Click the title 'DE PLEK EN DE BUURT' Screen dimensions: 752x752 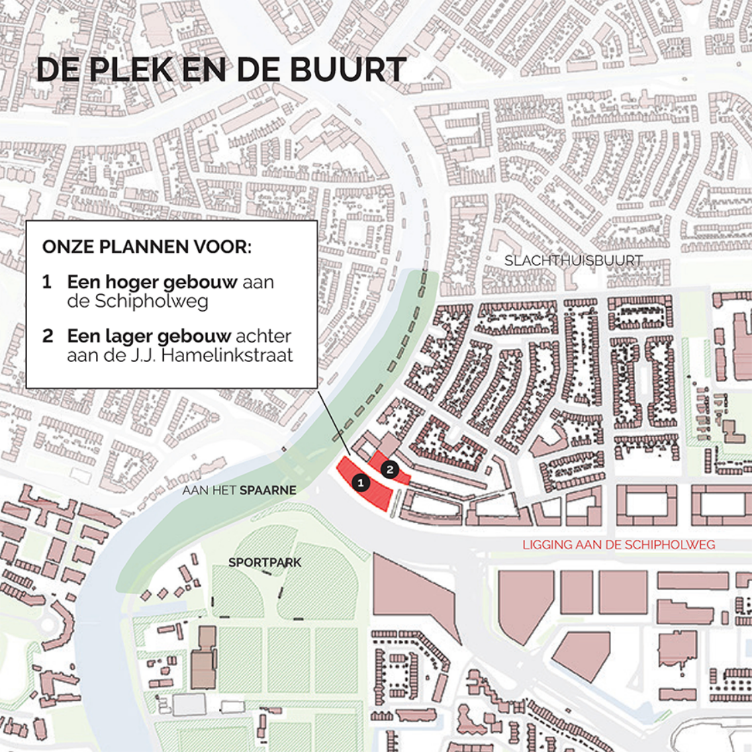point(221,70)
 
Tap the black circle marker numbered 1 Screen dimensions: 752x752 point(361,482)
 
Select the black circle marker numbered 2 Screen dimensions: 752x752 point(389,469)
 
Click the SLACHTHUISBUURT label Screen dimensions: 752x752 point(573,261)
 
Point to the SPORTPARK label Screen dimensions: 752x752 point(265,562)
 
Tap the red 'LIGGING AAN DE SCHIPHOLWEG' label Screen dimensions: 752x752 point(618,545)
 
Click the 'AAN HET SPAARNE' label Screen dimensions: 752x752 point(239,491)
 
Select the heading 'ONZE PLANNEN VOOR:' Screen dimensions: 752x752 point(147,246)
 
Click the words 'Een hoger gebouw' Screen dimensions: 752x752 point(152,282)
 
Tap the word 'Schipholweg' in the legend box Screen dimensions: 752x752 point(151,301)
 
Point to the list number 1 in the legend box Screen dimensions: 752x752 point(47,282)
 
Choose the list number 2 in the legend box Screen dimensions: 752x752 point(47,336)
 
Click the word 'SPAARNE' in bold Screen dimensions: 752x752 point(268,491)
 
